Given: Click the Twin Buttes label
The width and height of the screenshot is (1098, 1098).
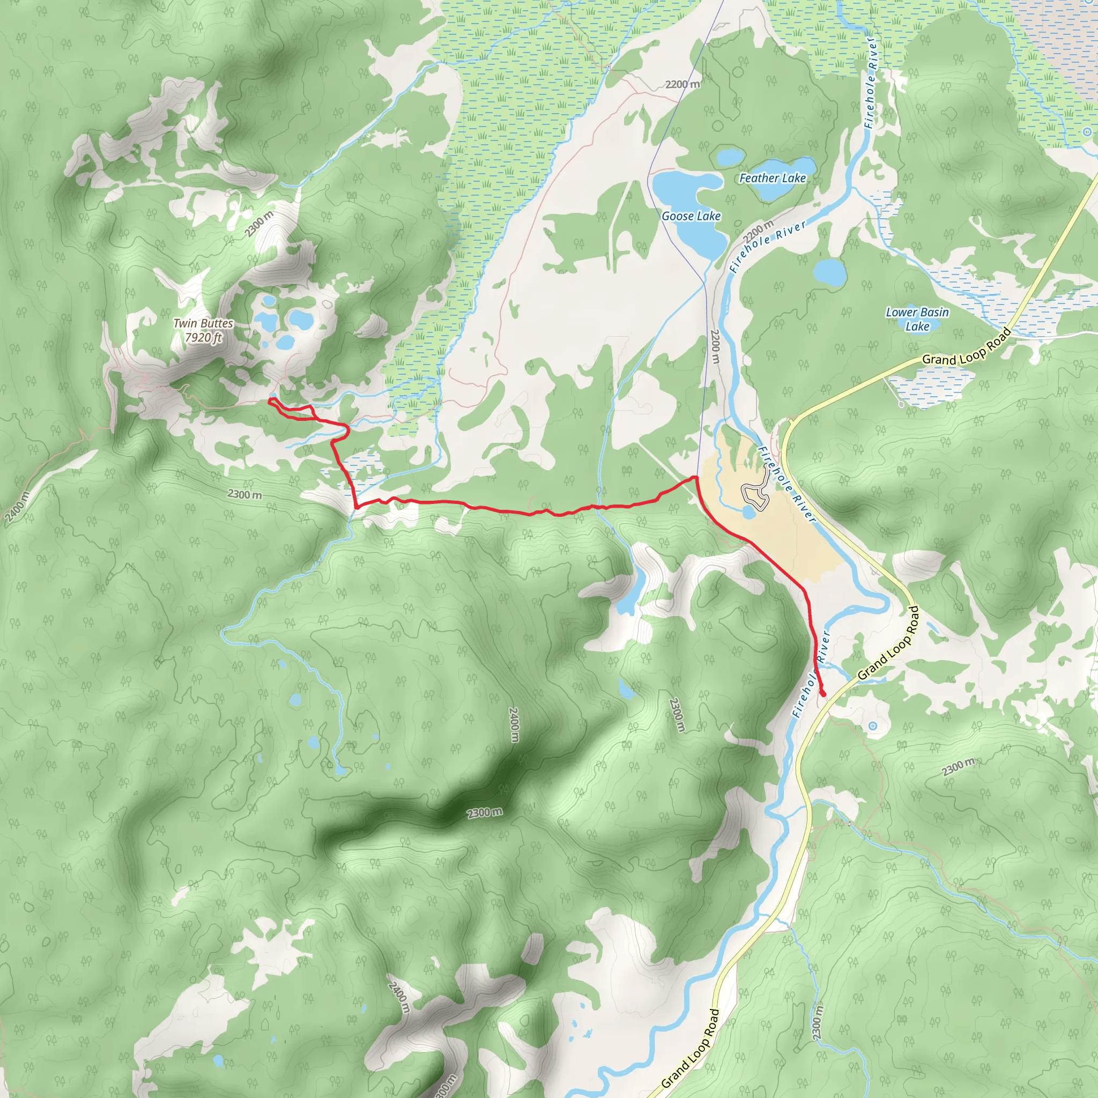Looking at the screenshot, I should coord(203,323).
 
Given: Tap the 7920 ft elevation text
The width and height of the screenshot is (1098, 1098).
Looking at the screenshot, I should coord(203,338).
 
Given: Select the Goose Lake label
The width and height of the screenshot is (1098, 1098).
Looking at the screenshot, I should coord(691,216).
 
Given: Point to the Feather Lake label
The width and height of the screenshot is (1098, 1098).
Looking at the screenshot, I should coord(773,179).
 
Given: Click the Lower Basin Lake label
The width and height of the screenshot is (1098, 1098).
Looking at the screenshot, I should coord(917,319).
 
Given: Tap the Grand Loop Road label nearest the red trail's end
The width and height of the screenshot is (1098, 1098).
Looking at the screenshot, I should coord(888,643).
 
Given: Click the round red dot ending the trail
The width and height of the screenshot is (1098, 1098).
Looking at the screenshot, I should coord(823,693).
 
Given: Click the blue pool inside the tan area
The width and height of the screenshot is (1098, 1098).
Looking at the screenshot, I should coord(748,513).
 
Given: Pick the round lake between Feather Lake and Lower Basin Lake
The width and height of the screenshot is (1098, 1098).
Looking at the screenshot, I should coord(830,273).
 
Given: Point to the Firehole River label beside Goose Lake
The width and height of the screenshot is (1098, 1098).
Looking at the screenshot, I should coord(768,247).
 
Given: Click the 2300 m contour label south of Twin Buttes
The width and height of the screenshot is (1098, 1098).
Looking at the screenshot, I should coord(244,494).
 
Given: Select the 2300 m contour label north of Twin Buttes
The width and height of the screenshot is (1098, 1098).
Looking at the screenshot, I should coord(259,224).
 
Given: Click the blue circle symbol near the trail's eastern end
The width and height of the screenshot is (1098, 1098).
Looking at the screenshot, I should coord(873,726).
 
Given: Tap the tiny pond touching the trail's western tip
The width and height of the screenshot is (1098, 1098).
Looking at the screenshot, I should coord(273,395).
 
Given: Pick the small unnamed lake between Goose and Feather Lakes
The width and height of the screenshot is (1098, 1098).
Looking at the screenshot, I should coord(730,157).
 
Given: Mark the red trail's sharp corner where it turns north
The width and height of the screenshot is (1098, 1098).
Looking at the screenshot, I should coord(357,506).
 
